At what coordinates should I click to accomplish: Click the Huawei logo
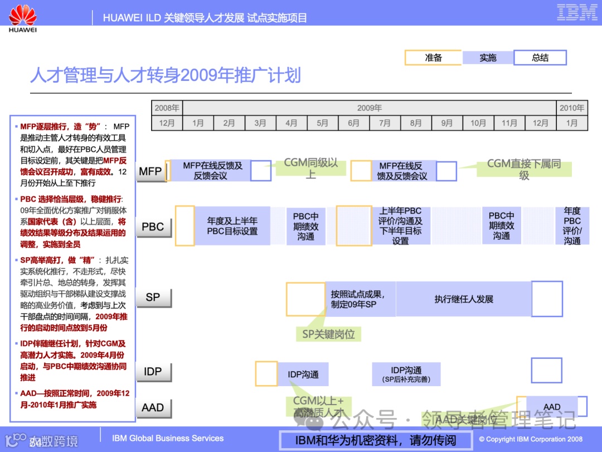pos(23,17)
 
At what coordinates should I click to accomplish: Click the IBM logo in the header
pos(577,12)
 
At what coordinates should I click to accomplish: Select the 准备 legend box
pos(433,58)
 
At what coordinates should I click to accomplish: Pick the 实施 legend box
pos(487,58)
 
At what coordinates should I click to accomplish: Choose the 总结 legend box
pos(540,58)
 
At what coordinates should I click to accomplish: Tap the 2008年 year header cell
pos(167,108)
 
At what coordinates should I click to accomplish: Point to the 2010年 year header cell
pos(572,108)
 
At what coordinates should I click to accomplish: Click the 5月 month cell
pos(322,123)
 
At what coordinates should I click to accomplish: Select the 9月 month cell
pos(447,123)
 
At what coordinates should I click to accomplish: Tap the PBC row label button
pos(153,227)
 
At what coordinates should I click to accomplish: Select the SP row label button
pos(153,297)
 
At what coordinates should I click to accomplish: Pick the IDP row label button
pos(153,372)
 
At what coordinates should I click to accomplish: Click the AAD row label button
pos(153,408)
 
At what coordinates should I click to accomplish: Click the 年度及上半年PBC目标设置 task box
pos(232,226)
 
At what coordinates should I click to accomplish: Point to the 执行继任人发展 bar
pos(464,299)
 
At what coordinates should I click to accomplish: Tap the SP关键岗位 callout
pos(328,334)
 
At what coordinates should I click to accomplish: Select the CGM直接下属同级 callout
pos(523,169)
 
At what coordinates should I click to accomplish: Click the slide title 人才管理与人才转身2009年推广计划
pos(166,75)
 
